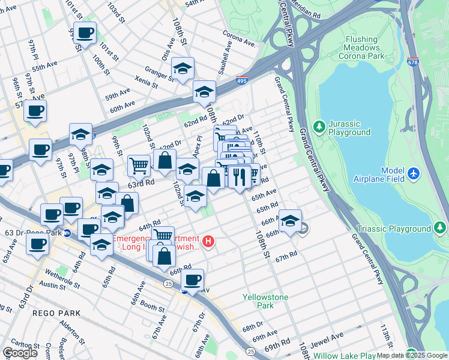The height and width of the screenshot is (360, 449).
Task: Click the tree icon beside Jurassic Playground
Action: [320, 125]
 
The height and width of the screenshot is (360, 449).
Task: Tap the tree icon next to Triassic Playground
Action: [441, 229]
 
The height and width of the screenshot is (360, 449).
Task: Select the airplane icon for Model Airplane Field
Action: [414, 173]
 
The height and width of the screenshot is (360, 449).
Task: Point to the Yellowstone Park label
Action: [265, 301]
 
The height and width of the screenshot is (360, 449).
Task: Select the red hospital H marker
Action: [208, 242]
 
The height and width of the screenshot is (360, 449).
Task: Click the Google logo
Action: [20, 353]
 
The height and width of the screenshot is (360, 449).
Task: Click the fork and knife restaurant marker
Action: [238, 176]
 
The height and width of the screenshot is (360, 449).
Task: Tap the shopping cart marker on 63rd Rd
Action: [139, 165]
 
